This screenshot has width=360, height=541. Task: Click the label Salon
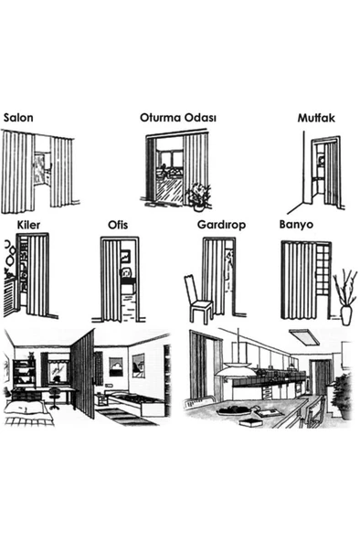click(x=18, y=118)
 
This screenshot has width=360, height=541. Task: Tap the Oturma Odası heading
click(x=178, y=118)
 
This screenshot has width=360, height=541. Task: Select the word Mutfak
click(x=316, y=118)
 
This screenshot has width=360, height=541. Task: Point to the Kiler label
click(x=28, y=225)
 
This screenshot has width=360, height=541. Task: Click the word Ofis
click(x=118, y=225)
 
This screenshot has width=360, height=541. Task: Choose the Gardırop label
click(x=221, y=225)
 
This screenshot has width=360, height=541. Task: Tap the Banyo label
click(x=296, y=224)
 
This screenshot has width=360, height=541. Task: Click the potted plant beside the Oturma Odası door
click(x=198, y=196)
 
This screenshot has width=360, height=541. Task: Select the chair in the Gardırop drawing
click(x=198, y=299)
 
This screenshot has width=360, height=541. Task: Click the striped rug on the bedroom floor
click(x=125, y=417)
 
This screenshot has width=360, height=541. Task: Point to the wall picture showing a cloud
click(x=116, y=366)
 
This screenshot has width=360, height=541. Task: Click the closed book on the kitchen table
click(x=249, y=422)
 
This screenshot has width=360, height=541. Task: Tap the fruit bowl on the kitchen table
click(x=233, y=410)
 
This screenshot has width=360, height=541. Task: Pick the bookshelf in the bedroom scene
click(x=24, y=374)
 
